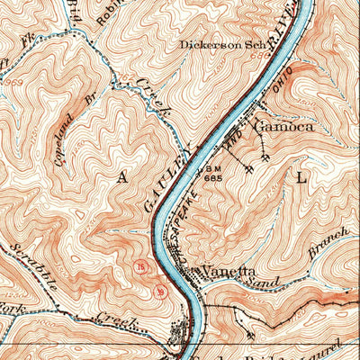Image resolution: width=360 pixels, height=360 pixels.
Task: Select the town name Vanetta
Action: pos(229,270)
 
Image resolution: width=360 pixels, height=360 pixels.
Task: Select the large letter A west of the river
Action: pos(121,178)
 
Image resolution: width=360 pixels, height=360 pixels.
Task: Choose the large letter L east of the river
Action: pos(301,178)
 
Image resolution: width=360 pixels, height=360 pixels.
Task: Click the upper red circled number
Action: pos(139,267)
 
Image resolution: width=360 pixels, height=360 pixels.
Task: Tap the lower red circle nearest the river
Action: pos(160,291)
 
